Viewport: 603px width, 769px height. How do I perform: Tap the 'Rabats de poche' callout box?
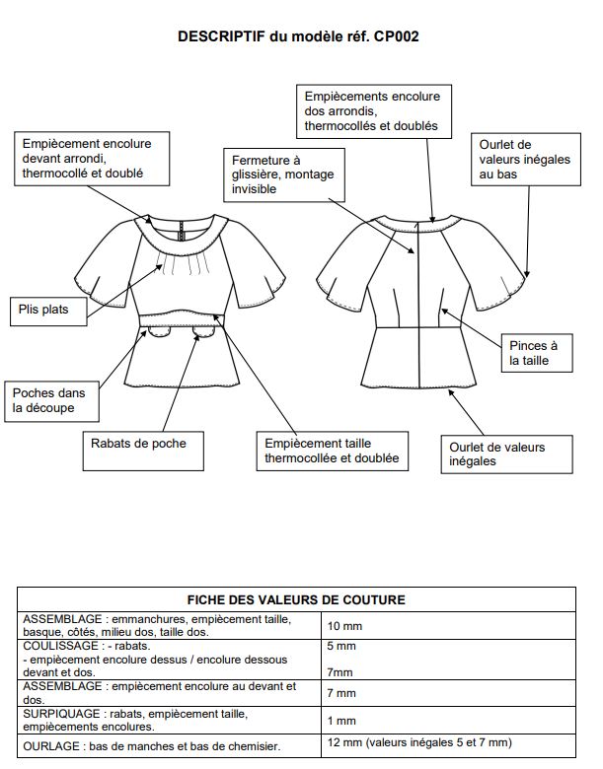(x=136, y=443)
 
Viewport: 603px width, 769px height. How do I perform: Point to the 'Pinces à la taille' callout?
(x=533, y=354)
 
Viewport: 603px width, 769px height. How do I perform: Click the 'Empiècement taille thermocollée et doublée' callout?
(x=328, y=451)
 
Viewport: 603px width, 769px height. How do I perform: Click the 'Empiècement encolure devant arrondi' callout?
(x=85, y=159)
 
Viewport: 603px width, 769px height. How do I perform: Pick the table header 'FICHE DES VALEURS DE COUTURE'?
(x=296, y=599)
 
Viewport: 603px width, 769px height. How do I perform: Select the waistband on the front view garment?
(x=182, y=316)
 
